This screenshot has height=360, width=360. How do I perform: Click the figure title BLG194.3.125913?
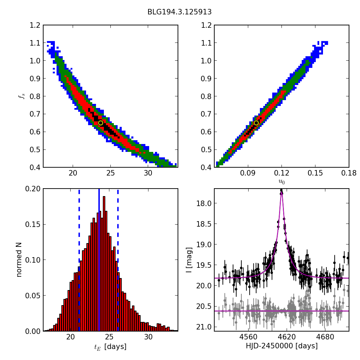[x=179, y=12]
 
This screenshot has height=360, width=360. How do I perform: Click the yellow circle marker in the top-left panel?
[x=100, y=123]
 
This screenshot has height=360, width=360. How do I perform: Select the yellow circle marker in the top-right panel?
[x=256, y=123]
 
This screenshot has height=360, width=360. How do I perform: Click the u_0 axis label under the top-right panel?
[x=281, y=182]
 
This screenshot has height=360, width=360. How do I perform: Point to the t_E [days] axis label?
[x=110, y=347]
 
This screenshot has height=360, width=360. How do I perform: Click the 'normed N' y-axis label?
[x=19, y=260]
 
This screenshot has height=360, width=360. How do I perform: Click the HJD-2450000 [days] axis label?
[x=281, y=346]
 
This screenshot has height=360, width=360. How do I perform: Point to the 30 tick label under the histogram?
[x=148, y=337]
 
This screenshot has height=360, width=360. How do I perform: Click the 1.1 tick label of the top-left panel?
[x=34, y=43]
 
